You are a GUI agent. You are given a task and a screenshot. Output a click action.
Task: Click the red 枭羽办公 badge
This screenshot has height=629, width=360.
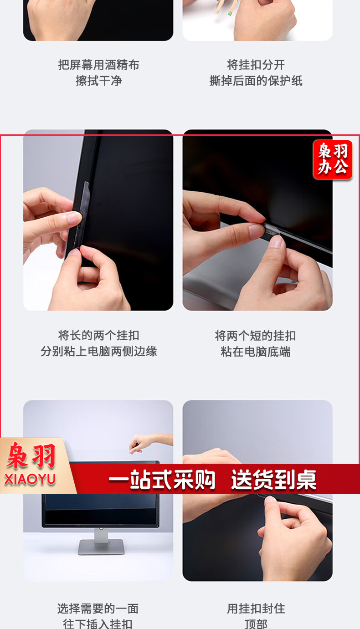333,159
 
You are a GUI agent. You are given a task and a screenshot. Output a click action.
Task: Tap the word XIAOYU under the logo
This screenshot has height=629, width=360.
30,479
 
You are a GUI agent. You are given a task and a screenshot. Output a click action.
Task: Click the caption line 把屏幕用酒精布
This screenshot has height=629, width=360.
98,65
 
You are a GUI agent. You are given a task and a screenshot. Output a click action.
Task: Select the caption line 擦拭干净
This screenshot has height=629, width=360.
98,81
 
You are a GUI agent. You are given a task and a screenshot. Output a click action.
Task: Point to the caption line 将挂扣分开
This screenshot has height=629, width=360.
256,65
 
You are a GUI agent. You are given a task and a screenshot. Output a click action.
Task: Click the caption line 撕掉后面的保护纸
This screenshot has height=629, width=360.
256,81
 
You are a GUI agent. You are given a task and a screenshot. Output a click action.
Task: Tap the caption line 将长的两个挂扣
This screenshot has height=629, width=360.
98,335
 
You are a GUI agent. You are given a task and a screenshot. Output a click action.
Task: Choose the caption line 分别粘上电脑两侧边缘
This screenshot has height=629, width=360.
98,351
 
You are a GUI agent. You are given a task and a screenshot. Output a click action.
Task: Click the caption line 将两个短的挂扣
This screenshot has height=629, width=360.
255,336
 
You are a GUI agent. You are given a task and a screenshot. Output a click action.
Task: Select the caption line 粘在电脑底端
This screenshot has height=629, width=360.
255,352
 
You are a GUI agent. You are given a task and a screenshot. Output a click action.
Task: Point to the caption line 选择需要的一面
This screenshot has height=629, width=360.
98,609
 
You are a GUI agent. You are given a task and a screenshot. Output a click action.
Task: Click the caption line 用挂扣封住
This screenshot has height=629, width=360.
256,609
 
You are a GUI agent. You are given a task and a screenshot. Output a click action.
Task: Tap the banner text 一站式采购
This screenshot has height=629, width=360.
162,480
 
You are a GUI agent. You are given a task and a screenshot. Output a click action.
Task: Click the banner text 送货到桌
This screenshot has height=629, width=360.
274,480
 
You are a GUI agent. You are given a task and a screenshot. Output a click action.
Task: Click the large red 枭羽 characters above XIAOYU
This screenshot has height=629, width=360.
31,455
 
